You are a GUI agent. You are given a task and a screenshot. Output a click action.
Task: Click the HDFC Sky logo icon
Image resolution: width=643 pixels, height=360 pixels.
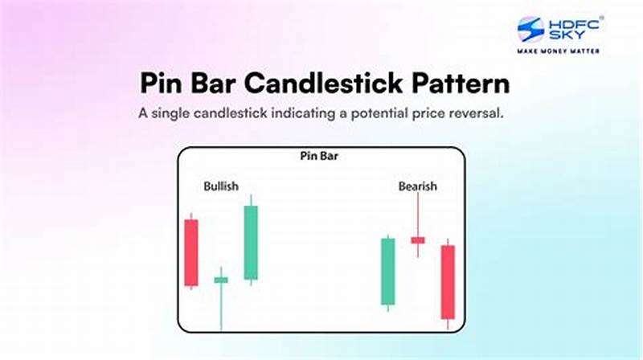(x=532, y=30)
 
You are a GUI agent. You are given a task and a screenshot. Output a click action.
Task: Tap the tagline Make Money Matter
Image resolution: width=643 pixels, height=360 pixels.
(x=559, y=51)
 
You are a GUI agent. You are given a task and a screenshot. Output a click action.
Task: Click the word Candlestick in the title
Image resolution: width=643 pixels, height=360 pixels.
(x=327, y=84)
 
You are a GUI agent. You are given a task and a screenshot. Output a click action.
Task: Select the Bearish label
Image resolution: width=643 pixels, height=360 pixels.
(x=417, y=186)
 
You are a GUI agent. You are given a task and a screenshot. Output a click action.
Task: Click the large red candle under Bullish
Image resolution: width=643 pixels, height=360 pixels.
(x=190, y=252)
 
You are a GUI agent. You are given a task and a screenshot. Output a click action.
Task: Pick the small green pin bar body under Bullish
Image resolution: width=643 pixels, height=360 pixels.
(x=221, y=280)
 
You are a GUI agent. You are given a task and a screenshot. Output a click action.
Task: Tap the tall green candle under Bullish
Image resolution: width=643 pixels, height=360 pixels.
(x=251, y=243)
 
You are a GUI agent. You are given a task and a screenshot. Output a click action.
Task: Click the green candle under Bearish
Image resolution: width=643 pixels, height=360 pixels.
(x=387, y=271)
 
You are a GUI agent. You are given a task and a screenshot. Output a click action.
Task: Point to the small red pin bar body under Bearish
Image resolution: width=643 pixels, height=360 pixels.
(x=417, y=239)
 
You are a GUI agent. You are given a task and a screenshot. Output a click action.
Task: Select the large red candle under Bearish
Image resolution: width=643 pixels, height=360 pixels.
(x=448, y=282)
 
